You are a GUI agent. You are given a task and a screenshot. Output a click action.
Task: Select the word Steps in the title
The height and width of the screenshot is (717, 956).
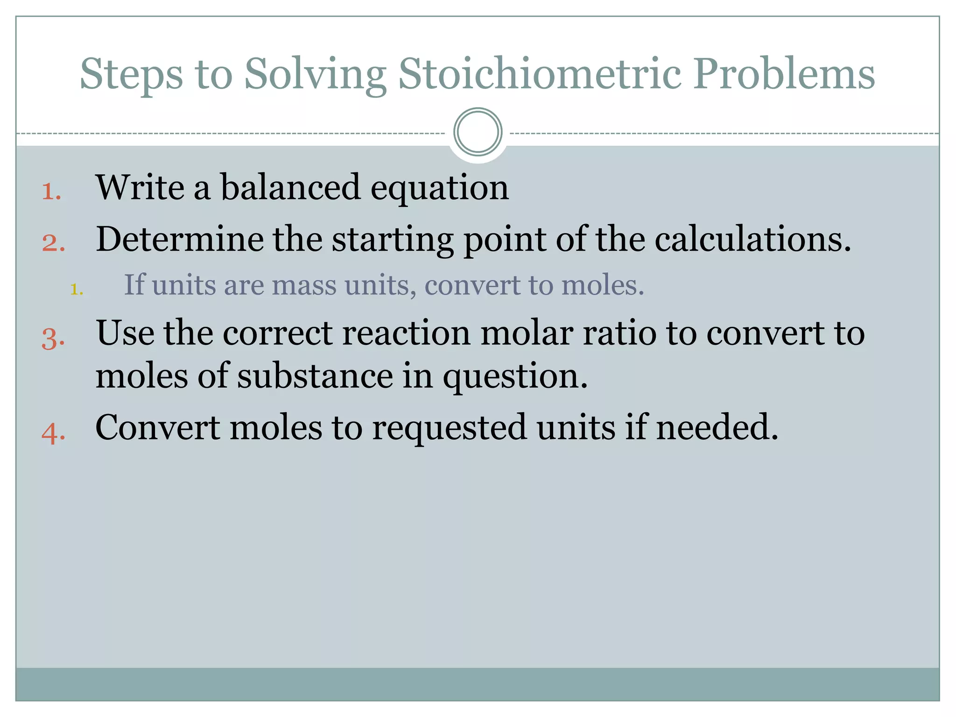click(x=131, y=75)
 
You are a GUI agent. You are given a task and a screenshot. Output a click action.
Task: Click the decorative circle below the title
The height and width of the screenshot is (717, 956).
click(x=478, y=132)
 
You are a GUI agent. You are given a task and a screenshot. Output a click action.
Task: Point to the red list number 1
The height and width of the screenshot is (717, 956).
click(x=51, y=191)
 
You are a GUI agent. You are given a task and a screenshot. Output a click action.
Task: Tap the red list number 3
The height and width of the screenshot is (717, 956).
click(x=53, y=338)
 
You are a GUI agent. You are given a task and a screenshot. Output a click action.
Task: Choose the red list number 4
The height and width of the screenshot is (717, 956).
click(x=53, y=433)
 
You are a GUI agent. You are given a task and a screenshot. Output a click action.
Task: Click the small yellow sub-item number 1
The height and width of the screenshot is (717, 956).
click(x=76, y=289)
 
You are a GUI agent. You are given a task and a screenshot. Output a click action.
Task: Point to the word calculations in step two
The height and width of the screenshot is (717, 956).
click(x=752, y=239)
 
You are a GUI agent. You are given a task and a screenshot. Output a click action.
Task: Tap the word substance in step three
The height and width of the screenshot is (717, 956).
click(x=315, y=376)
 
